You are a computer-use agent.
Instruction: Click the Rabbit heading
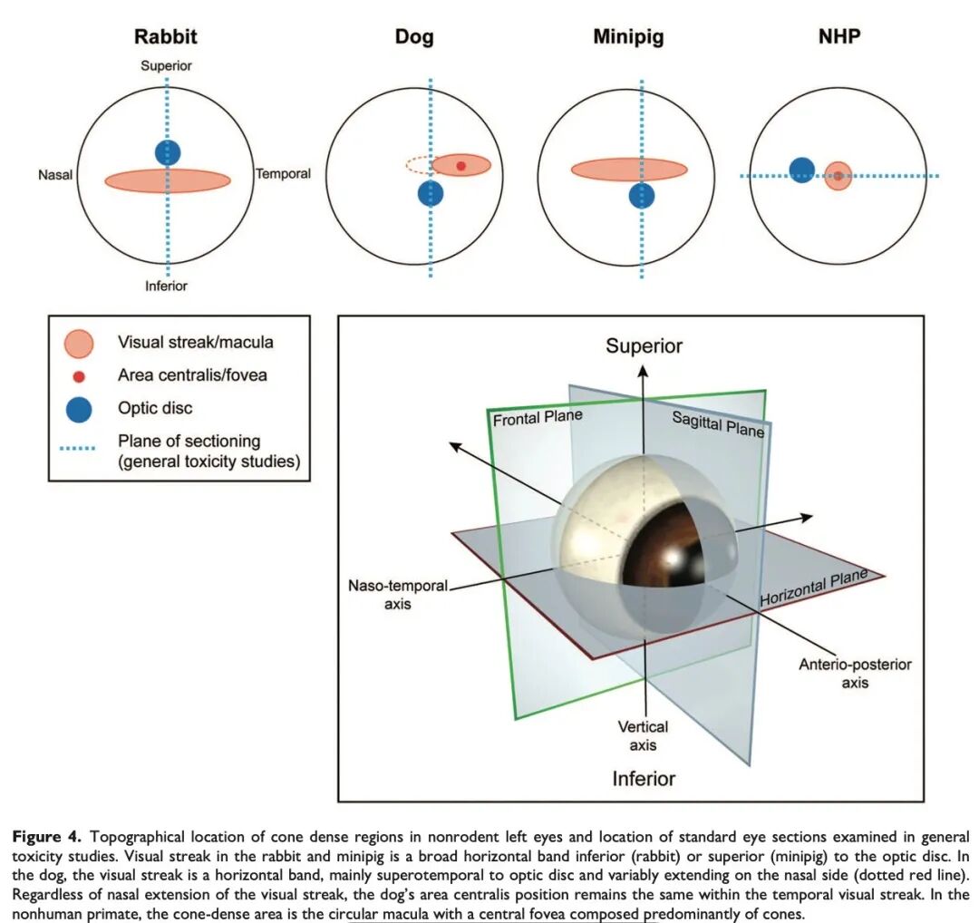(166, 37)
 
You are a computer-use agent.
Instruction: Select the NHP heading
(840, 37)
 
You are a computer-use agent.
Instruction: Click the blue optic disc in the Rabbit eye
(168, 152)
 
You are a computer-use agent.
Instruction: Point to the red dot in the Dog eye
(460, 165)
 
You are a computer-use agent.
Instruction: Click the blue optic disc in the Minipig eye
(642, 196)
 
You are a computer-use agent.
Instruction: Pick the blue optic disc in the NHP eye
(801, 170)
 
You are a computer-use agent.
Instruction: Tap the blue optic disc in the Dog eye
(431, 193)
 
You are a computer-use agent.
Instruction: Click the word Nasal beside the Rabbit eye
(55, 175)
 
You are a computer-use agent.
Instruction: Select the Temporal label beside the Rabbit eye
(283, 174)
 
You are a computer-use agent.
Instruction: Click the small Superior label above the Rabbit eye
(167, 66)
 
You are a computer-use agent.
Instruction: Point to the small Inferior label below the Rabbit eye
(167, 287)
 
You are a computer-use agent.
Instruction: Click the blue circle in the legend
(79, 408)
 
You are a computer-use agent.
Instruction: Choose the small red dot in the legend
(79, 375)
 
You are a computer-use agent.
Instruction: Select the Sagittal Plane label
(717, 423)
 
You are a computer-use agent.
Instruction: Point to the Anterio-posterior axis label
(855, 673)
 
